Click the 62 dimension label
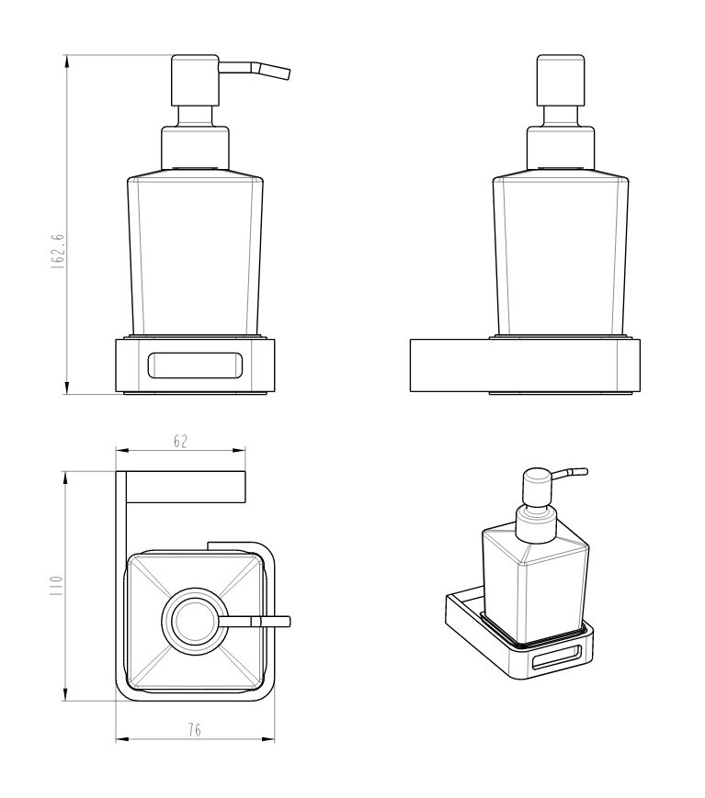pyautogui.click(x=180, y=441)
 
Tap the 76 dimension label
pyautogui.click(x=194, y=730)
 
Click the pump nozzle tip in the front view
pyautogui.click(x=288, y=73)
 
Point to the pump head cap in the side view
pyautogui.click(x=561, y=80)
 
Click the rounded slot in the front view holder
pyautogui.click(x=196, y=365)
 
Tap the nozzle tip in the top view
pyautogui.click(x=289, y=622)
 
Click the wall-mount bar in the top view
pyautogui.click(x=186, y=486)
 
